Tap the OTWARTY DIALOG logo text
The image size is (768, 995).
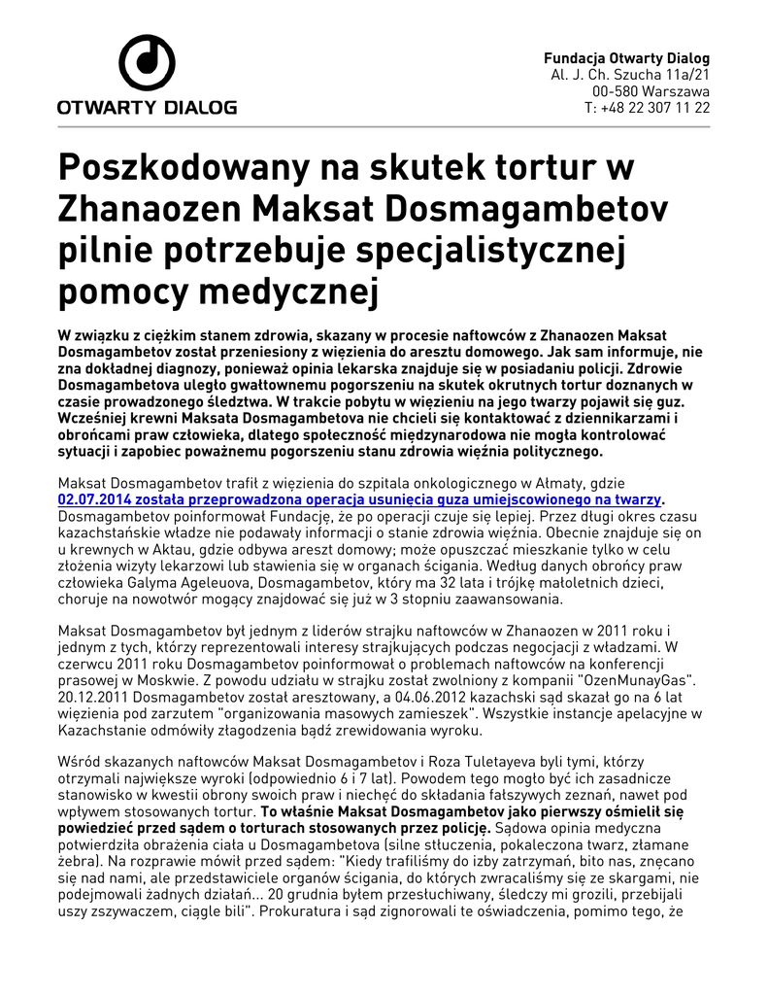coord(147,108)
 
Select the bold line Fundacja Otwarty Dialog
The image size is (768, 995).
coord(626,58)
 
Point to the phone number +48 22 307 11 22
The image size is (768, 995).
coord(655,108)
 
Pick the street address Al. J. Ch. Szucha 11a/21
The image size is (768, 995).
coord(630,75)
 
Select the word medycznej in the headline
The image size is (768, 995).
coord(284,291)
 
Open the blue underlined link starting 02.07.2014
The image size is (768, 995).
coord(359,498)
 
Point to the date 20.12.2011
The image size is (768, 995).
coord(94,698)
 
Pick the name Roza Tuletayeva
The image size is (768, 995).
coord(417,765)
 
